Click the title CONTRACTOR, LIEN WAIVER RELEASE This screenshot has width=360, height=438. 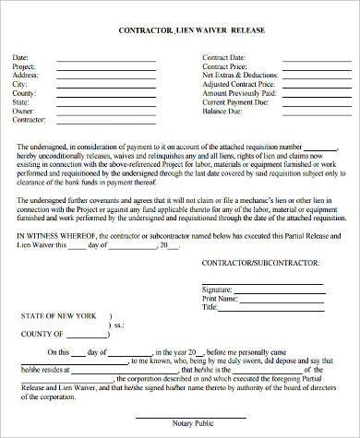tap(179, 30)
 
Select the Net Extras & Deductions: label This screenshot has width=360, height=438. tap(241, 76)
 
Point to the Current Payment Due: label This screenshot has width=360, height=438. tap(237, 102)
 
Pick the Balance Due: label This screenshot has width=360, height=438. tap(222, 111)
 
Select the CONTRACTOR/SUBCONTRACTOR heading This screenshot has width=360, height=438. tap(254, 269)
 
